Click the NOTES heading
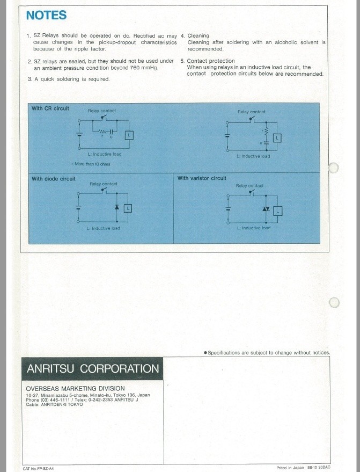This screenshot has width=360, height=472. click(46, 15)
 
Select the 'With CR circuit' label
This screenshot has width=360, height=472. click(50, 108)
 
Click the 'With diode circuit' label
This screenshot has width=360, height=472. click(54, 178)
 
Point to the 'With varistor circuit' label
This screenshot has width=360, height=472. click(202, 178)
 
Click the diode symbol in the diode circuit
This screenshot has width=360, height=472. click(117, 207)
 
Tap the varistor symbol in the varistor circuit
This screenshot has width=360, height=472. click(266, 208)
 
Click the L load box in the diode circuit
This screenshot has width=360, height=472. click(128, 208)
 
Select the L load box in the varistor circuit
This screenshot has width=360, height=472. click(277, 211)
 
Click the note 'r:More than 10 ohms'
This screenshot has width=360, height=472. click(91, 164)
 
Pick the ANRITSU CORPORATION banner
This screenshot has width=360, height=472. click(92, 369)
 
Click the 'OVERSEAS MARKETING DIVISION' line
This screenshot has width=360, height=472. click(75, 389)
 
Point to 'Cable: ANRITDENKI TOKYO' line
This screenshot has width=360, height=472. click(54, 404)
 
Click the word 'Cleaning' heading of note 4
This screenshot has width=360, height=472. click(198, 35)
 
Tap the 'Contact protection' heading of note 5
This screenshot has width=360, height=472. click(211, 61)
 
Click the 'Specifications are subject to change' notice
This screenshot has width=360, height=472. click(267, 352)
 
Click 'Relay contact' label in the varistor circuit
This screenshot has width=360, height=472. click(249, 186)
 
